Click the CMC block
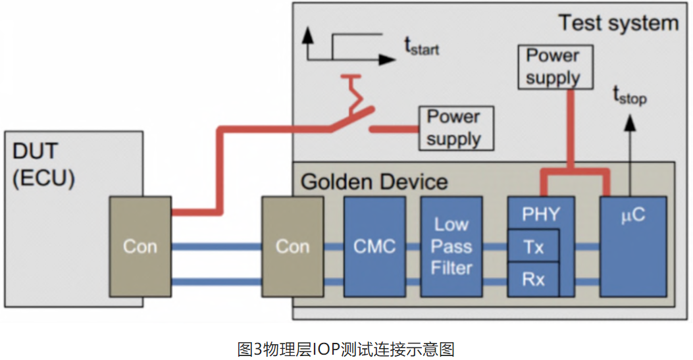374,246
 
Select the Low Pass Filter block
451,246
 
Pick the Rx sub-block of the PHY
533,279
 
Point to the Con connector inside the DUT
141,246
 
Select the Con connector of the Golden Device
292,246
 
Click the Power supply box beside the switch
453,128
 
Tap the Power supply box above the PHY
553,66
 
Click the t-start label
421,47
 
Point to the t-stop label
630,97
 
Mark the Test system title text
618,23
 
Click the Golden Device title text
374,181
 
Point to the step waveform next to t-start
349,47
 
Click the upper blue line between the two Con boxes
217,247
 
